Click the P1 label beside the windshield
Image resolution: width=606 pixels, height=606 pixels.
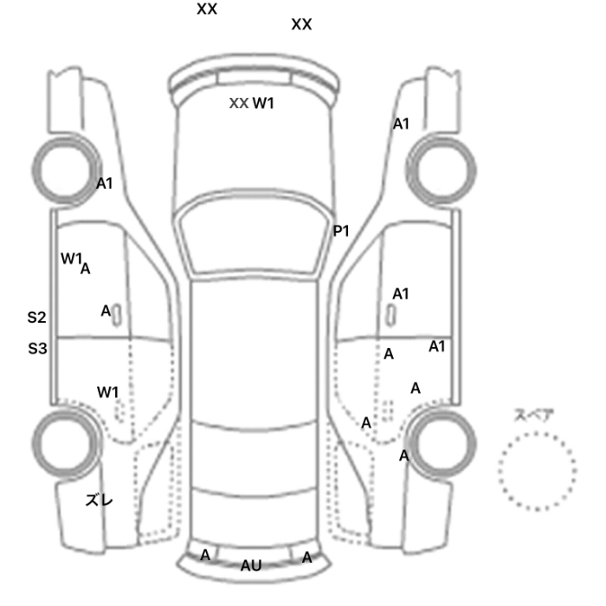tap(341, 231)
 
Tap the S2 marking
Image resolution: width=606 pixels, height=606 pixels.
tap(36, 318)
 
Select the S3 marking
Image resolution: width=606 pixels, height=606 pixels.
tap(37, 349)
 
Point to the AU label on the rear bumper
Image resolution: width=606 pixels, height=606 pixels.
tap(251, 566)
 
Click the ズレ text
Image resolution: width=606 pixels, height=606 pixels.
tap(99, 500)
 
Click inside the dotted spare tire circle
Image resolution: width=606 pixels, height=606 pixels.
tap(537, 471)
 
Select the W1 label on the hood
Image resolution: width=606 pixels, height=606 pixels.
tap(263, 103)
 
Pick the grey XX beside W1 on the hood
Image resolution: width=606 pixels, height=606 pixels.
tap(239, 103)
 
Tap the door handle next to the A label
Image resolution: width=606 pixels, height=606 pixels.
tap(117, 314)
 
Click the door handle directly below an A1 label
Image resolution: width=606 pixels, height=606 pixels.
tap(392, 314)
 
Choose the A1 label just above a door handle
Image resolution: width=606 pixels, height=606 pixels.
tap(400, 294)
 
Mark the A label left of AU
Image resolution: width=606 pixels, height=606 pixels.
tap(205, 556)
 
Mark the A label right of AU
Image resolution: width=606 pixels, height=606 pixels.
tap(306, 558)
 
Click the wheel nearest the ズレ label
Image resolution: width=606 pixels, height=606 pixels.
tap(66, 443)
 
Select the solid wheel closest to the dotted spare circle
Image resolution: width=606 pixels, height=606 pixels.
tap(441, 443)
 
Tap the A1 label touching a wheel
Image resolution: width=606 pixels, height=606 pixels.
tap(105, 184)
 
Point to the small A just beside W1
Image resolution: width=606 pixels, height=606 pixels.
tap(86, 268)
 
